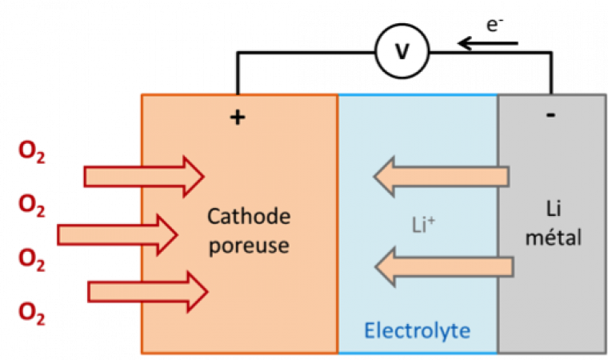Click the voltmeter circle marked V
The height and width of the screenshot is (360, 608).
[x=402, y=53]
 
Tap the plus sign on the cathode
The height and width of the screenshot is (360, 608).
[x=237, y=118]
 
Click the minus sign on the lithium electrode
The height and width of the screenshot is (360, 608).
[x=550, y=114]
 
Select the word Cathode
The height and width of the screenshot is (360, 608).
[x=248, y=218]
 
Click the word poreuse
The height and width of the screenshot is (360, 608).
[x=248, y=245]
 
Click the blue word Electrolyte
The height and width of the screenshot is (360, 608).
[x=417, y=330]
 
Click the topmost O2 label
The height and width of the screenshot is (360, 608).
[x=32, y=153]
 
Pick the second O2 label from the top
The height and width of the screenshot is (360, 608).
[x=32, y=206]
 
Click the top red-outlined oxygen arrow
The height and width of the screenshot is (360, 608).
[x=145, y=176]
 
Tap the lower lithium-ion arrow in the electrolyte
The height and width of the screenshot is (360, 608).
[x=443, y=267]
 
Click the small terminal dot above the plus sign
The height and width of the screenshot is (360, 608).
[x=237, y=94]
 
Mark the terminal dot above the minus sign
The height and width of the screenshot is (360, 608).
[x=550, y=93]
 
